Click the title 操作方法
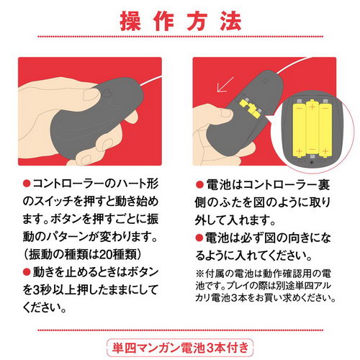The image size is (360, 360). (181, 22)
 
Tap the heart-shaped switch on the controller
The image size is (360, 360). (107, 93)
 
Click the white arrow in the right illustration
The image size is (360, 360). (225, 84)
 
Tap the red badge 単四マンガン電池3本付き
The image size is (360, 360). (180, 348)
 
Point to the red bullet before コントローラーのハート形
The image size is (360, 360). (27, 184)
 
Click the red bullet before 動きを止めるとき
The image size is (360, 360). (27, 272)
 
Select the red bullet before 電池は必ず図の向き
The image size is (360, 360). (199, 238)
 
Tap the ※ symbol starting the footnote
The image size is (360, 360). (199, 274)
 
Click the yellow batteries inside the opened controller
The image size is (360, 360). (250, 107)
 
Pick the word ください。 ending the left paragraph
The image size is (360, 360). (44, 307)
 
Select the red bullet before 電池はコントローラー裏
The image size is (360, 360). (199, 185)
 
